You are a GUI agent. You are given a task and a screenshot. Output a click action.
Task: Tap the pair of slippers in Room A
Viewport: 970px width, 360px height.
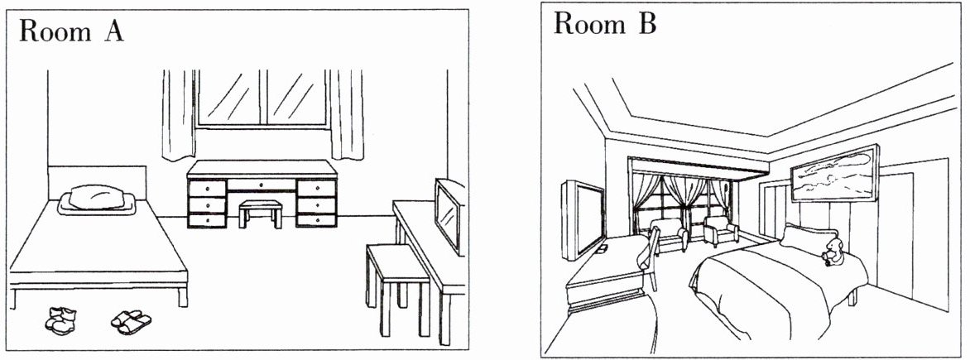point(131,320)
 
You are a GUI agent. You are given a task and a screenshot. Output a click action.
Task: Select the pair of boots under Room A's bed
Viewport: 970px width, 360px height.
point(60,319)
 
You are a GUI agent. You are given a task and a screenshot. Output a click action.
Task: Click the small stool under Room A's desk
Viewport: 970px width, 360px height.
point(260,213)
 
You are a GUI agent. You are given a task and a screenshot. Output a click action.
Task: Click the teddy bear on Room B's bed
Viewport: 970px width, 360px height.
point(832,252)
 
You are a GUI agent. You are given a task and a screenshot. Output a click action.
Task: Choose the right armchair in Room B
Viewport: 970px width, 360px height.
point(720,230)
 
